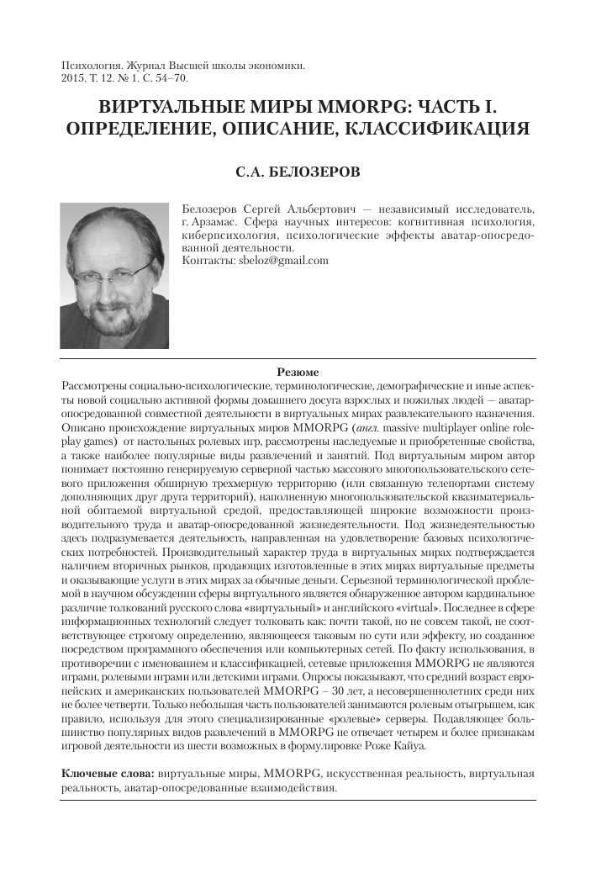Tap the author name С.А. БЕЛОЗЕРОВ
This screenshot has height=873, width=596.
298,172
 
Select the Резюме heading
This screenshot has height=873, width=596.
298,372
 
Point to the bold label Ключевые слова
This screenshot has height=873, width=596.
108,772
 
